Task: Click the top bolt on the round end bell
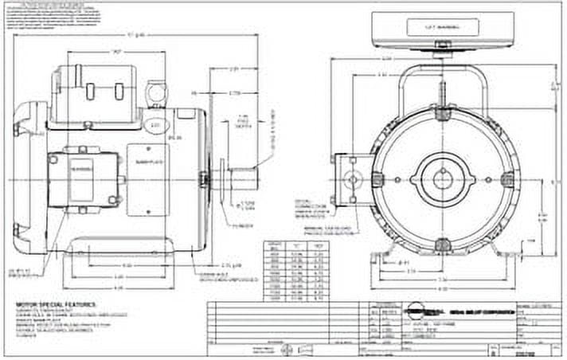click(x=439, y=114)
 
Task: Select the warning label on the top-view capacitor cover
click(x=442, y=27)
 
